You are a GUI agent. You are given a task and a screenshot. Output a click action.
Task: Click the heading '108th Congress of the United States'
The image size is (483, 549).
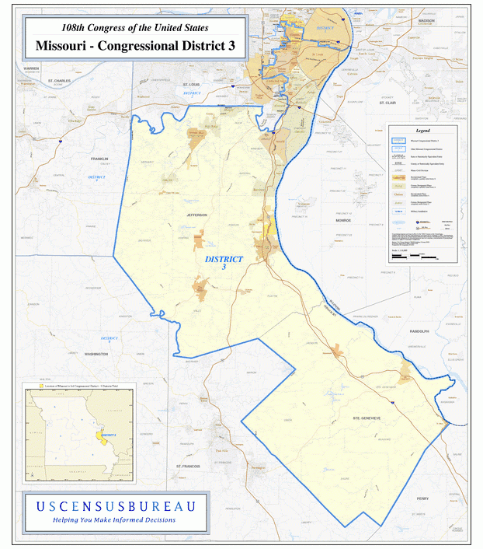[x=134, y=27]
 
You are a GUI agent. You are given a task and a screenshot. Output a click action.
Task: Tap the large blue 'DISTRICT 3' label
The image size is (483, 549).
[x=224, y=262]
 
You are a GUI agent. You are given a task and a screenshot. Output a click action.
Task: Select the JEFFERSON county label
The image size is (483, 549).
[x=197, y=215]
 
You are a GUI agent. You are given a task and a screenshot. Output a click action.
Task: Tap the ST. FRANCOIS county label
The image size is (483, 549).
[x=188, y=466]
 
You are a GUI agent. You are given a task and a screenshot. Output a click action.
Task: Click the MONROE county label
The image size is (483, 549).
[x=342, y=221]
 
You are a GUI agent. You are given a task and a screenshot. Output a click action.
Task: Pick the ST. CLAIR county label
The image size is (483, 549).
[x=387, y=102]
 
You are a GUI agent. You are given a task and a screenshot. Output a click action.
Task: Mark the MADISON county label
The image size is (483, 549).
[x=426, y=21]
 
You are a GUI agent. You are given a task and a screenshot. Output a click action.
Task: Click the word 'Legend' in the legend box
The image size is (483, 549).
[x=422, y=130]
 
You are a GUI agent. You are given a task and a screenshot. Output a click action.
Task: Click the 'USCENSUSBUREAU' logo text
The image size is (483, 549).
[x=115, y=506]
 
